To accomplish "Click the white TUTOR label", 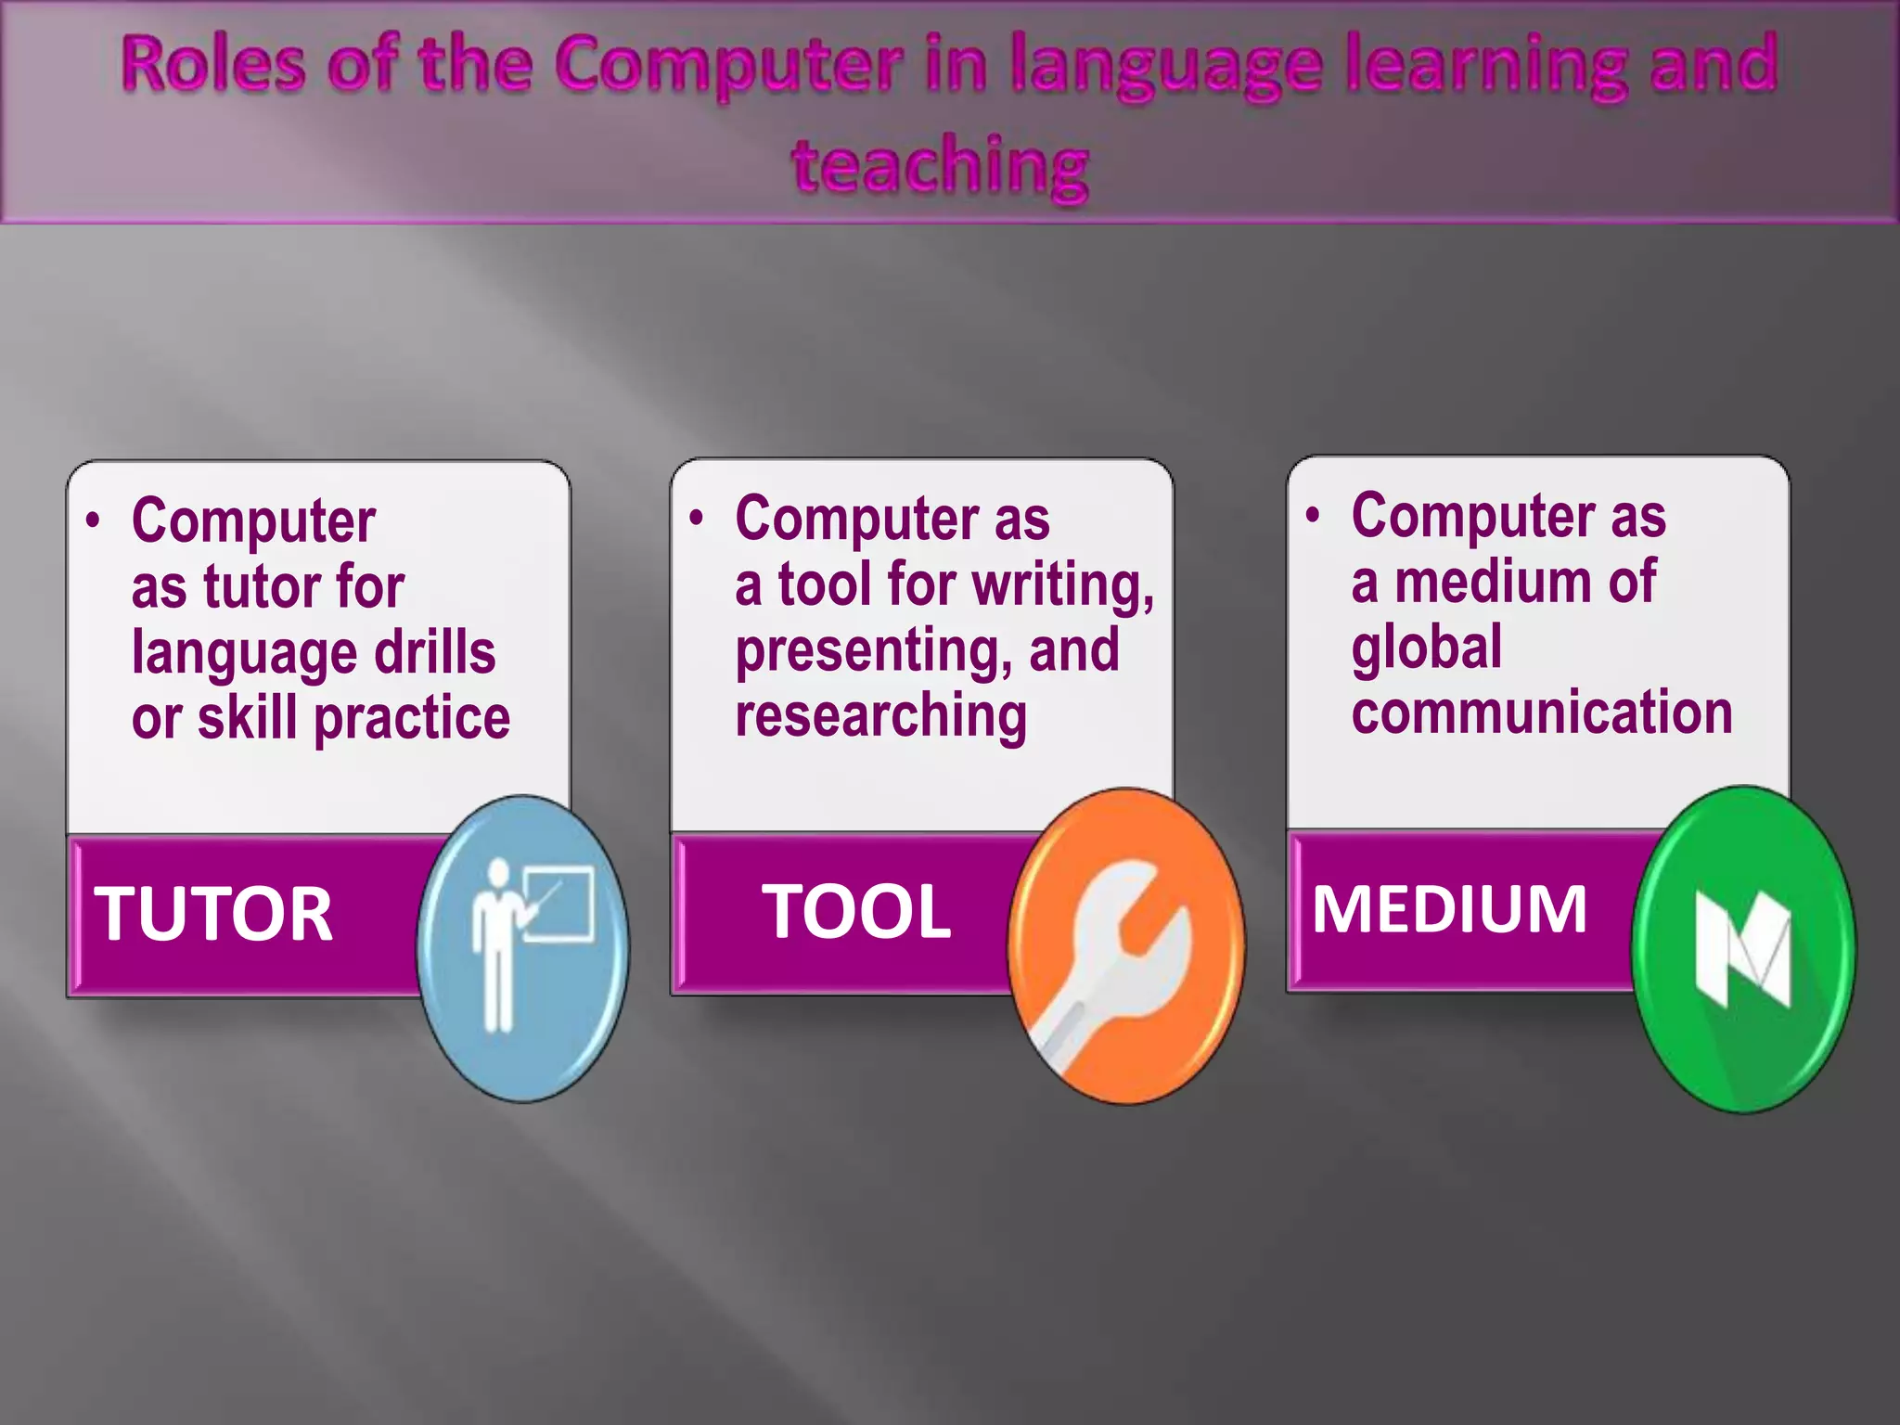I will [x=213, y=915].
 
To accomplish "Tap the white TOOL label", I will [x=856, y=912].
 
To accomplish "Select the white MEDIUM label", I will [x=1449, y=909].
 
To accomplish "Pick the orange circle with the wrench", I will [x=1126, y=946].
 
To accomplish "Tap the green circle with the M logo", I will [x=1743, y=948].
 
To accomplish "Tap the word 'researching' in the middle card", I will [x=880, y=716].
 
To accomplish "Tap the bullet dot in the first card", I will [x=93, y=520].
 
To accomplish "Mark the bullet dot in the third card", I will [x=1312, y=515].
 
